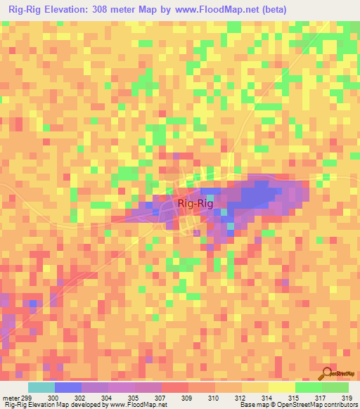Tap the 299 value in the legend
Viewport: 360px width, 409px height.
tap(27, 397)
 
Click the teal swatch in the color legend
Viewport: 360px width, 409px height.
tap(41, 387)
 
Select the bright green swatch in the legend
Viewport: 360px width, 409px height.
tap(308, 387)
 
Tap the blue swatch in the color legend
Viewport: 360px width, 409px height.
tap(67, 387)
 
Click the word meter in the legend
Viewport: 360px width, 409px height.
tap(11, 397)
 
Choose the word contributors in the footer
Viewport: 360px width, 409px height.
tap(337, 405)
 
